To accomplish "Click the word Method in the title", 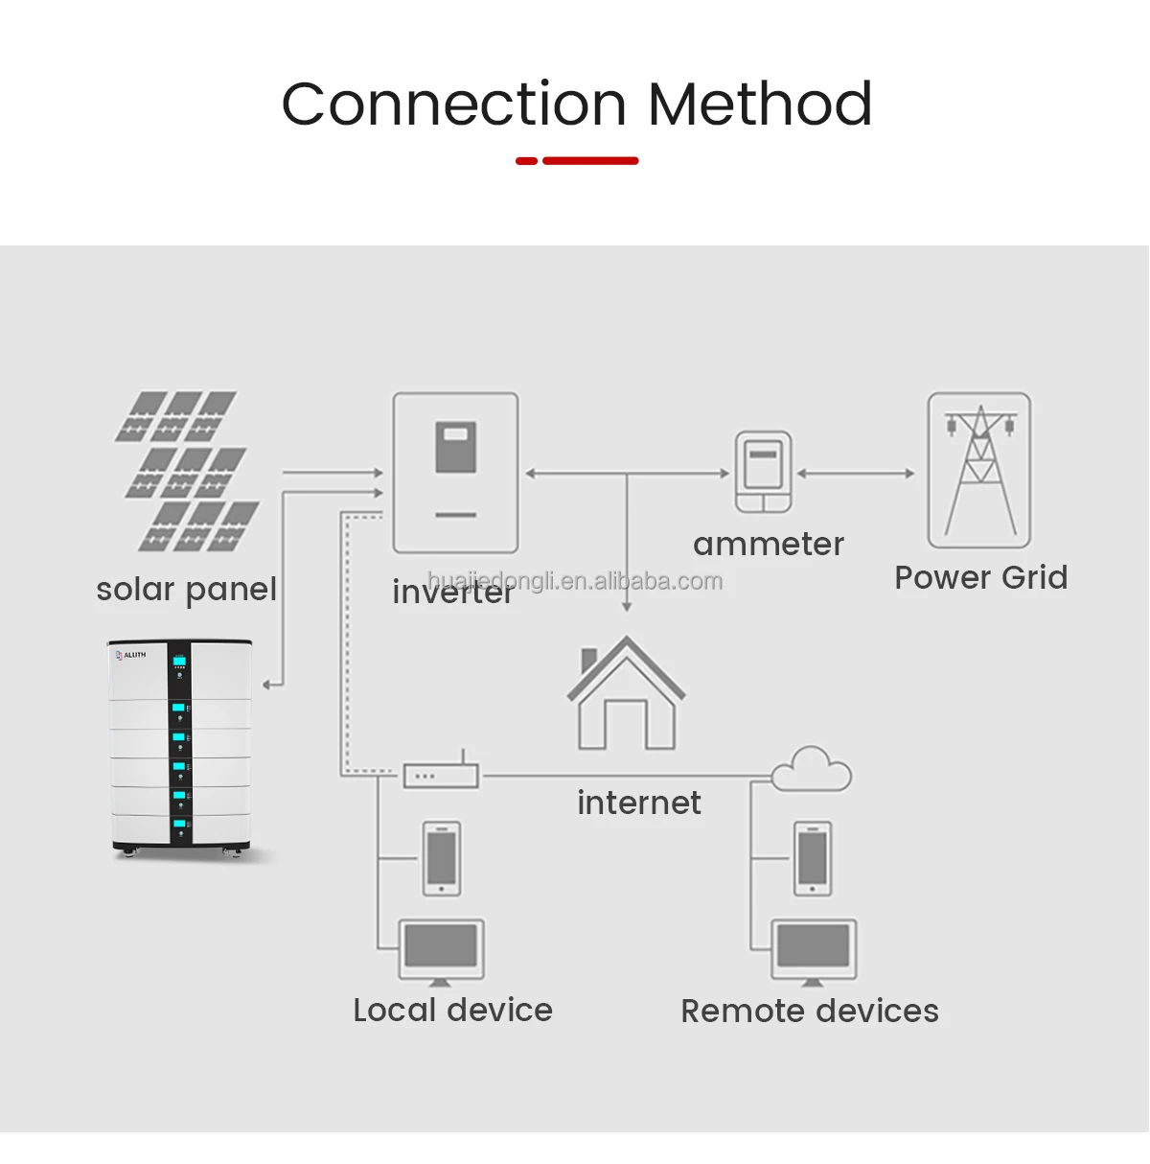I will [x=760, y=104].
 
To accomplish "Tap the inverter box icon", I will [x=455, y=473].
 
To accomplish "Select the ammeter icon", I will [x=764, y=472].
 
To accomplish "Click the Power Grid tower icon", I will [x=979, y=470].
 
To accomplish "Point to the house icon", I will [x=626, y=694].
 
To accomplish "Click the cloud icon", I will [x=811, y=769].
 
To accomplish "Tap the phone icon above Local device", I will [x=442, y=858].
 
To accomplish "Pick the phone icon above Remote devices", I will [x=813, y=858].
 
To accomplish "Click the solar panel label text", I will [x=186, y=589].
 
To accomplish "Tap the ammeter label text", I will [x=768, y=545].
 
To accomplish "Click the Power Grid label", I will [x=980, y=577].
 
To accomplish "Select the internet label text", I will [x=638, y=803].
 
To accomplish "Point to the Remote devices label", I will [x=809, y=1011].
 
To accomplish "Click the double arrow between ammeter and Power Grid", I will [x=856, y=473].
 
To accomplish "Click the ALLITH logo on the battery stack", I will [x=131, y=655].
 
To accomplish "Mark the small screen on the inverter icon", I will [x=456, y=447].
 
